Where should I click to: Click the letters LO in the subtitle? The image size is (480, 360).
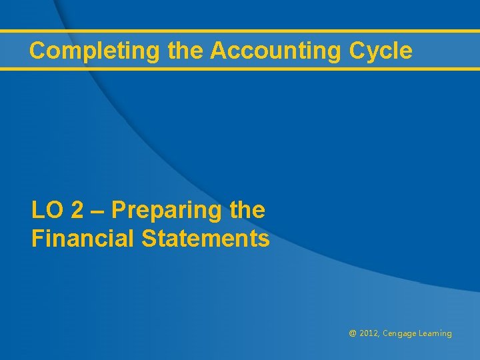(47, 211)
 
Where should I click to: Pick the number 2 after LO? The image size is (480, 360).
(77, 211)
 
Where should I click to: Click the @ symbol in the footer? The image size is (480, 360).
(353, 333)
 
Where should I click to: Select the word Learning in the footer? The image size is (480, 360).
(435, 334)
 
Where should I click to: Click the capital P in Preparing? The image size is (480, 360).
(119, 211)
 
